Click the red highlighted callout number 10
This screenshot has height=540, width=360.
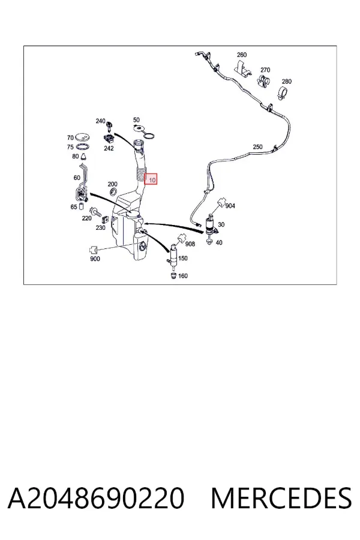[x=151, y=179]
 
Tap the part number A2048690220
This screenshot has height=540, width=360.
[x=96, y=497]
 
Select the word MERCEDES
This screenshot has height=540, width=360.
[x=281, y=497]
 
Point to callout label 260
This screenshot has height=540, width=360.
[x=242, y=55]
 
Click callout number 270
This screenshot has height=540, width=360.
[x=265, y=70]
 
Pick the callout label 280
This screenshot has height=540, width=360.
[x=287, y=81]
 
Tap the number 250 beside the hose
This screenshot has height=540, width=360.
[x=257, y=147]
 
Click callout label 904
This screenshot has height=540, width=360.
[x=230, y=206]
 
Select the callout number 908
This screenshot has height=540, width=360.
[x=190, y=244]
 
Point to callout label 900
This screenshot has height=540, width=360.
[x=95, y=259]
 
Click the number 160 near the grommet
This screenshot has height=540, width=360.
[x=183, y=276]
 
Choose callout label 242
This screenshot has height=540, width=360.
[x=109, y=148]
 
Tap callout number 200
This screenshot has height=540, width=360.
[x=113, y=184]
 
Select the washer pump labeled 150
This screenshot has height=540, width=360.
[x=173, y=255]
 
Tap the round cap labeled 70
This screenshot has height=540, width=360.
[x=82, y=137]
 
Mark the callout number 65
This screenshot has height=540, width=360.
[x=74, y=207]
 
